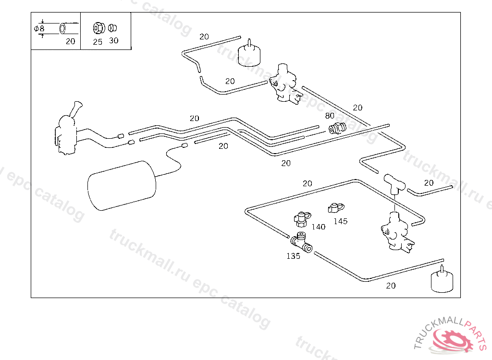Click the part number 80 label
point(330,116)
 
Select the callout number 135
point(293,256)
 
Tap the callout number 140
point(318,227)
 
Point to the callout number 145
point(340,221)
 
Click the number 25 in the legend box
point(98,42)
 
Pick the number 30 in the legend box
point(113,41)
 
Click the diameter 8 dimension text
point(39,29)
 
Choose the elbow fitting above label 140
point(301,219)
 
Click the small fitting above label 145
point(334,208)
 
